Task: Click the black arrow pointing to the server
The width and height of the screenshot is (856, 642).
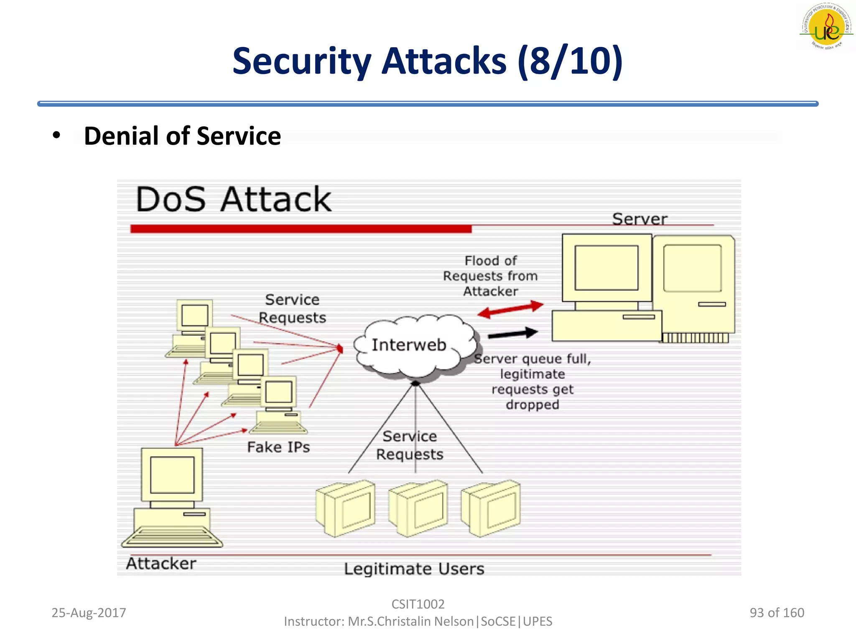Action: [513, 334]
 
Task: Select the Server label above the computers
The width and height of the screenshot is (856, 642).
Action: [639, 219]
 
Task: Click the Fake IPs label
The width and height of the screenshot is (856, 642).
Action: [278, 447]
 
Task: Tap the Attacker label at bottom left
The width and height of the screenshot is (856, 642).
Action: [161, 563]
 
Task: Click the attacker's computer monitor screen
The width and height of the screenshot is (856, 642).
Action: [172, 475]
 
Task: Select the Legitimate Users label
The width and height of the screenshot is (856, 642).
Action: [414, 569]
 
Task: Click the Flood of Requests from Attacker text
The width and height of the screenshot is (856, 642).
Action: [490, 276]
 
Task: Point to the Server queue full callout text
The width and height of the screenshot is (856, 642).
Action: [532, 381]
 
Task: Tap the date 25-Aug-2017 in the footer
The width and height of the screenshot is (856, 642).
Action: [89, 613]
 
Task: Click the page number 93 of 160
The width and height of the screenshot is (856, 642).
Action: [777, 613]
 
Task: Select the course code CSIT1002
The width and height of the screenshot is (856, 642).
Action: [418, 604]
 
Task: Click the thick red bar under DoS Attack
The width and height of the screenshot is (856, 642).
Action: [301, 229]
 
